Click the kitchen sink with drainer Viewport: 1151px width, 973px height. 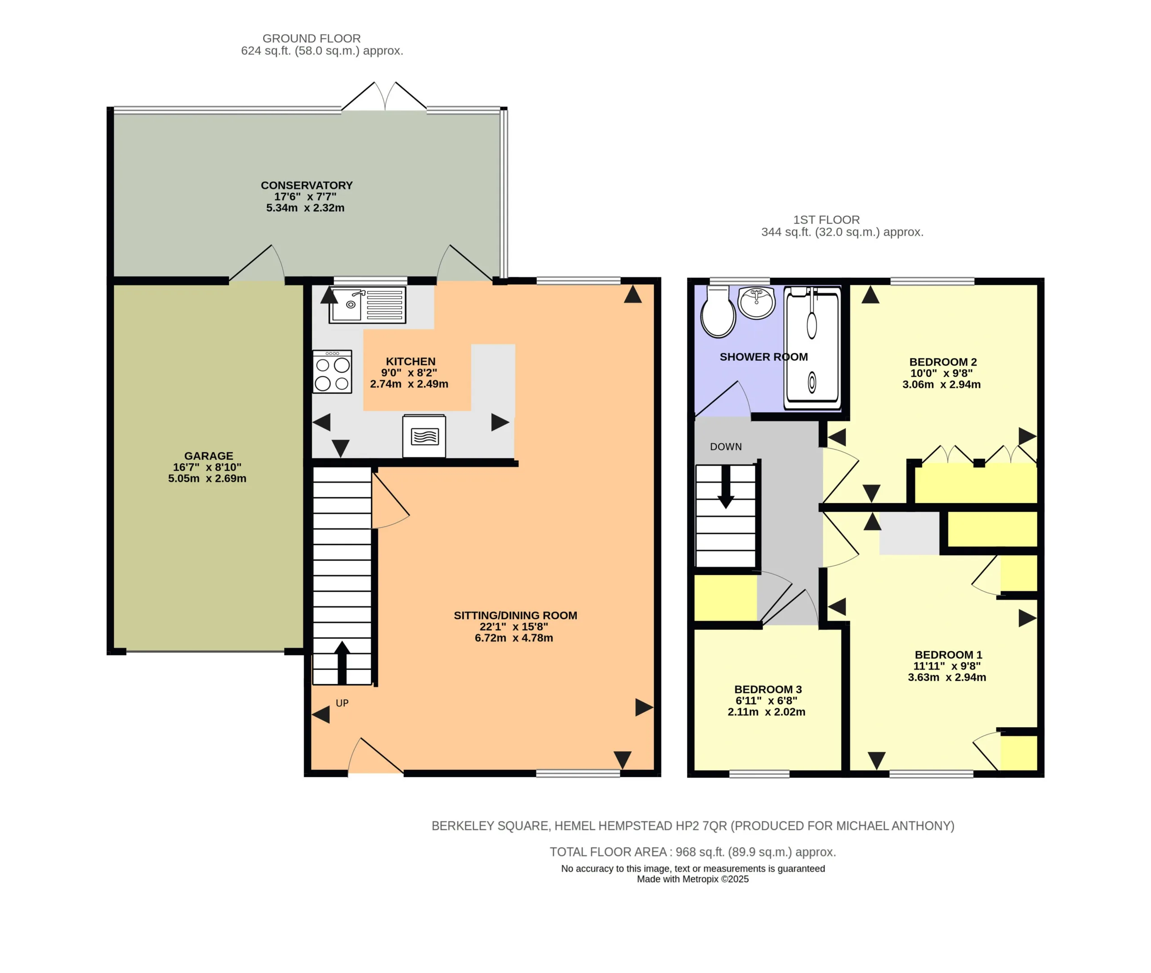[x=367, y=304]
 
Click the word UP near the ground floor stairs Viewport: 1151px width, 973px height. [x=342, y=703]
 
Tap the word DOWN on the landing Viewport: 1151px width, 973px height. [x=726, y=447]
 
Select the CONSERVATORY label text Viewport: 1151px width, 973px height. [x=307, y=185]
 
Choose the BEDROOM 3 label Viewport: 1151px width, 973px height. [x=767, y=689]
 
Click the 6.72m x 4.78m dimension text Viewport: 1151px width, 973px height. [x=514, y=638]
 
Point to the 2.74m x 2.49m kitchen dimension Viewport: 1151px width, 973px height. [x=409, y=384]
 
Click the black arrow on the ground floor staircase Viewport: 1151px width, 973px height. [x=342, y=663]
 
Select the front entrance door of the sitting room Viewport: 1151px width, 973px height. [x=375, y=756]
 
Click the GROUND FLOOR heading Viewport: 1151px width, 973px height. [x=312, y=39]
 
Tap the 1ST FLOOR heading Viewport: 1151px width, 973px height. [x=826, y=219]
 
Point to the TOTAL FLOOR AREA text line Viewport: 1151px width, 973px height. [x=693, y=852]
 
